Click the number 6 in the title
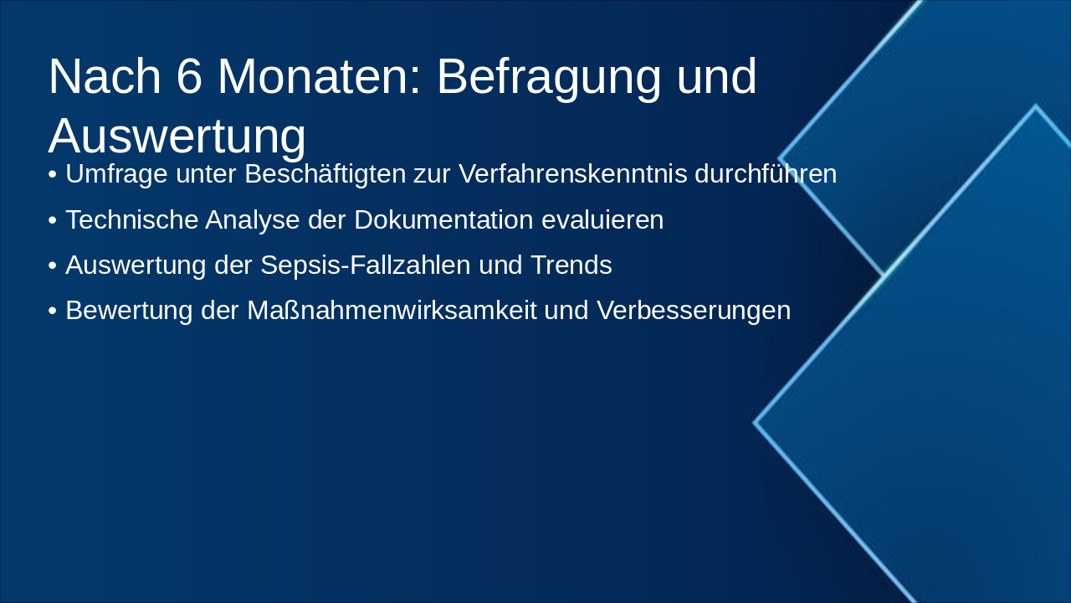(x=189, y=76)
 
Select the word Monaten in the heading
(x=320, y=76)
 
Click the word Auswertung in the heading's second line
(x=177, y=137)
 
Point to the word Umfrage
(x=116, y=174)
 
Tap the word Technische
(x=132, y=219)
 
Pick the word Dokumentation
(x=443, y=219)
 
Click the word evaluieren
(x=602, y=219)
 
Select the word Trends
(x=571, y=265)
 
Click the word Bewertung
(x=129, y=311)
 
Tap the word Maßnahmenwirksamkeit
(x=392, y=310)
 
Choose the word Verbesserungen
(x=694, y=311)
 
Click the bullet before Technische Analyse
(x=53, y=220)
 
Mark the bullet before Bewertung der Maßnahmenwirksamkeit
(x=53, y=311)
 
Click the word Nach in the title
(x=105, y=76)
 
